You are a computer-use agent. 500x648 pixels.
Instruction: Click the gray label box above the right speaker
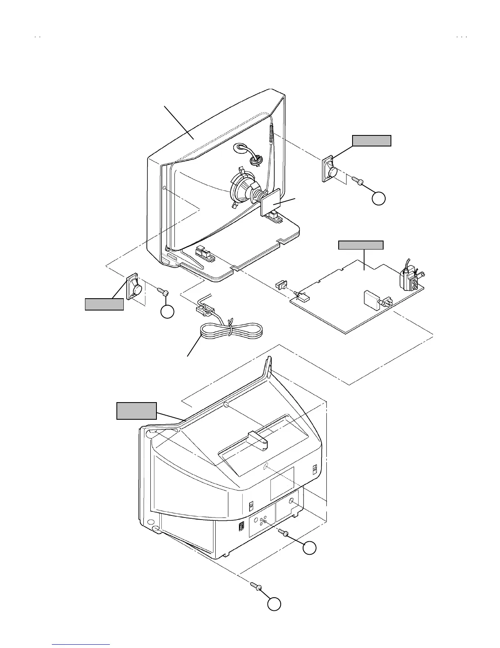coord(372,141)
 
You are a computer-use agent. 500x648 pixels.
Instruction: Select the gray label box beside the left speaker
coord(104,304)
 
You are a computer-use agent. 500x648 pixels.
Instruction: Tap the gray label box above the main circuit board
coord(361,245)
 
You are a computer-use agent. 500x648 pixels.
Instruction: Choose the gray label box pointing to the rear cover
coord(136,411)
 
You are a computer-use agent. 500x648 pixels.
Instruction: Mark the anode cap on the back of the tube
coord(256,160)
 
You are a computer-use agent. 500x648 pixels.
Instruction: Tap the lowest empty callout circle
coord(274,604)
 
